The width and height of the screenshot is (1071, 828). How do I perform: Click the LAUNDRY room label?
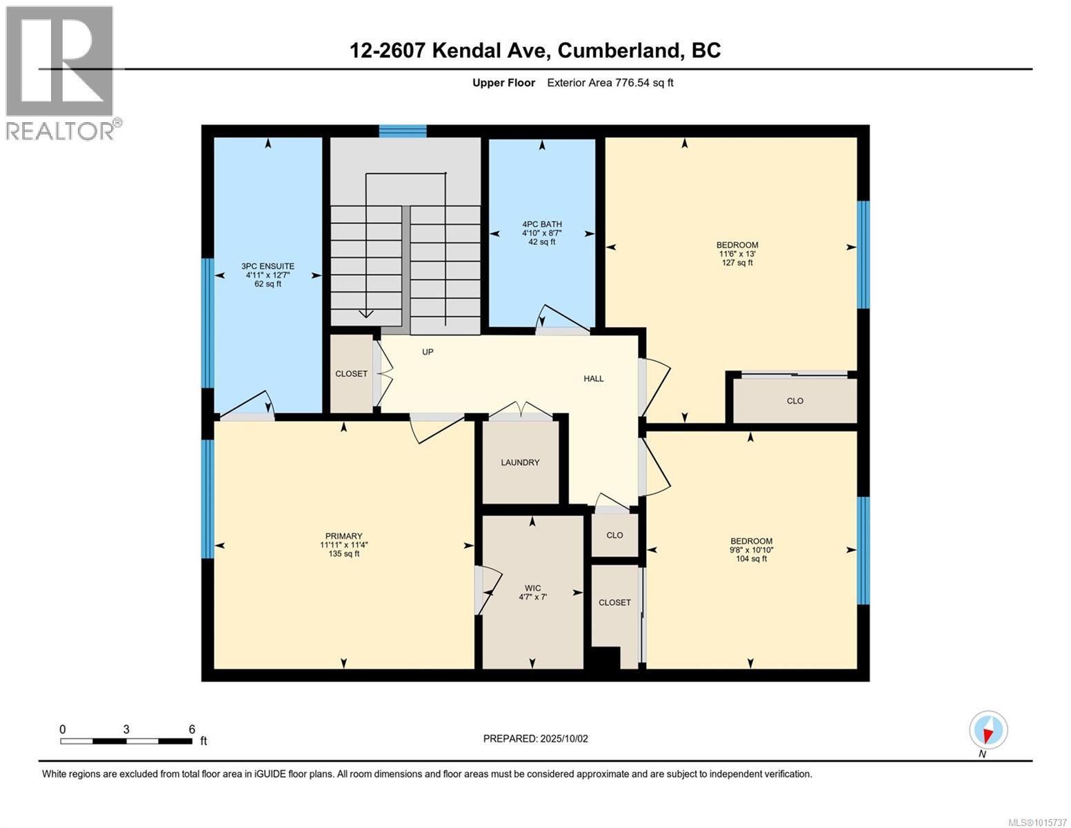point(520,462)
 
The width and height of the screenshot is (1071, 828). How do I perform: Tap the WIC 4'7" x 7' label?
point(532,593)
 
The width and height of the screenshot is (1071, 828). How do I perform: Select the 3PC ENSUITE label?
point(268,275)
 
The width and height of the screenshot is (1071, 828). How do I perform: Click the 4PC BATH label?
point(541,233)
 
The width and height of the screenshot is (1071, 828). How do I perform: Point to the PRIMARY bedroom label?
point(343,544)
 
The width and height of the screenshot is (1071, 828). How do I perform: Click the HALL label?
point(593,378)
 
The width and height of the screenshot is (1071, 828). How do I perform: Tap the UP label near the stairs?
point(428,352)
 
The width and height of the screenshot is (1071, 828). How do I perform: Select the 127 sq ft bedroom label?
point(737,253)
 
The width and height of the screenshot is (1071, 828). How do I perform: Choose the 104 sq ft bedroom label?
point(751,550)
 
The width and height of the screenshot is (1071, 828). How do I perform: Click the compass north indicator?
point(988,731)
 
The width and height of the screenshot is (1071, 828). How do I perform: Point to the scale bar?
point(126,741)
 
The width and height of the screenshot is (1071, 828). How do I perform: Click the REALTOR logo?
point(61,72)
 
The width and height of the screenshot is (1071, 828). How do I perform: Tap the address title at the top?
point(535,50)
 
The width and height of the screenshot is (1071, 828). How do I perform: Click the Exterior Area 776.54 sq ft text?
point(610,83)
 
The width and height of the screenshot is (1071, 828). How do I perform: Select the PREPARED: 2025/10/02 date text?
point(535,738)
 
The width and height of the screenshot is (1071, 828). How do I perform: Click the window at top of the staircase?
point(403,131)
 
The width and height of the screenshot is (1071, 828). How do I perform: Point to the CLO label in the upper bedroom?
point(794,401)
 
